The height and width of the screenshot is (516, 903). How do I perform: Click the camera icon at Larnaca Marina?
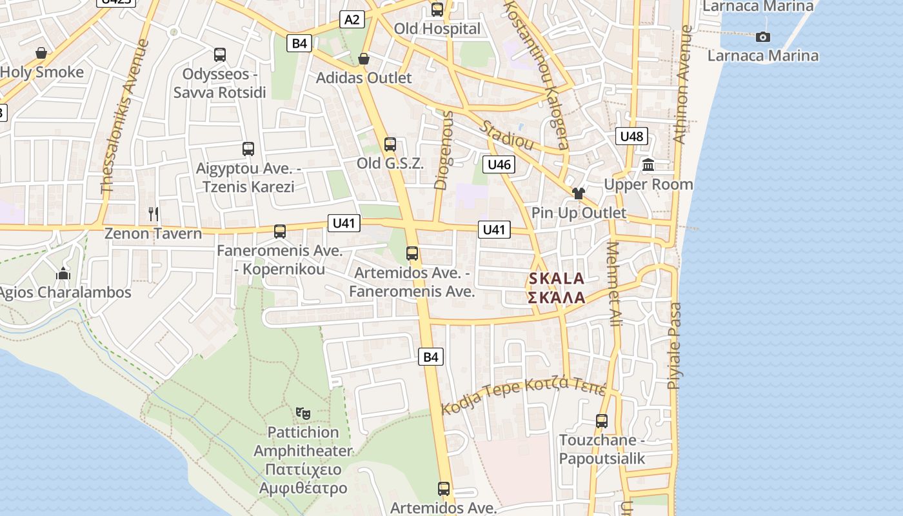tap(763, 37)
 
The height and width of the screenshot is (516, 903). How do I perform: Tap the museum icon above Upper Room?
tap(648, 165)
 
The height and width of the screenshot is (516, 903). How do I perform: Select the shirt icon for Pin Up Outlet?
tap(578, 193)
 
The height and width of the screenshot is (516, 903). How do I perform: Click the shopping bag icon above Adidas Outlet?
tap(364, 59)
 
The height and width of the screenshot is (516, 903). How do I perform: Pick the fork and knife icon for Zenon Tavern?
tap(154, 213)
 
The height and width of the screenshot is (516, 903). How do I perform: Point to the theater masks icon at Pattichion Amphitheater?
tap(303, 412)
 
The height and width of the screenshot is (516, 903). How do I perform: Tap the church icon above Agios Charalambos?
tap(63, 273)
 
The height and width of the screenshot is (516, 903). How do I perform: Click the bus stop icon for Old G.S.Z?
tap(390, 144)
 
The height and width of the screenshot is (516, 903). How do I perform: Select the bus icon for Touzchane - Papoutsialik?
tap(602, 421)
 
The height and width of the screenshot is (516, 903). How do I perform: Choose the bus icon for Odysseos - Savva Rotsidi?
tap(219, 55)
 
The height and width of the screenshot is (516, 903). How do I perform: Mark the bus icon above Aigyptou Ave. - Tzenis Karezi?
tap(248, 149)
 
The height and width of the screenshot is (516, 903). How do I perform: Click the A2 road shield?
tap(352, 19)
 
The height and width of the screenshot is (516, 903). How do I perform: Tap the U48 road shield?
tap(631, 136)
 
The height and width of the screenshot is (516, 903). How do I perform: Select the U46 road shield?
tap(499, 164)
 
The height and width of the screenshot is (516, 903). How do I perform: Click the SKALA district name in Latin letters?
tap(556, 279)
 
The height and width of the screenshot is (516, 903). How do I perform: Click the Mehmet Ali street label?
tap(614, 284)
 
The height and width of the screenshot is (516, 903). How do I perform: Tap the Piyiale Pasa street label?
tap(674, 346)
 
